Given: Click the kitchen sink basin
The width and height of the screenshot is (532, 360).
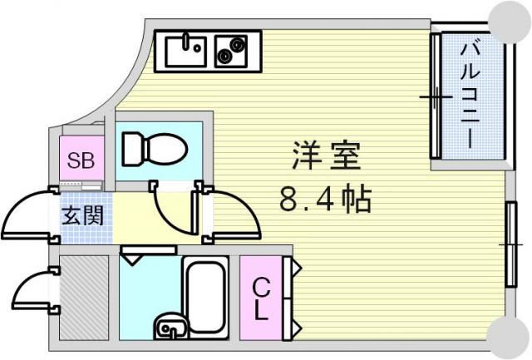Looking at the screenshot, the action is (185, 51).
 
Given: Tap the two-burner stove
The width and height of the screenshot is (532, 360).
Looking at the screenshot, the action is (231, 51).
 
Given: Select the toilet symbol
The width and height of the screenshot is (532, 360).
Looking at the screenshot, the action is (155, 150).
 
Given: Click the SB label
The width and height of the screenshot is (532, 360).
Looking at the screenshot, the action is (81, 160).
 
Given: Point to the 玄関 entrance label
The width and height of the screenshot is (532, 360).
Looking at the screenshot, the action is (83, 215).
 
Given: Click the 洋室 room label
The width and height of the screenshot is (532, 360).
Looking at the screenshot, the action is (326, 155).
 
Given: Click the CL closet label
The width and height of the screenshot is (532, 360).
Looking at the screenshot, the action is (261, 298).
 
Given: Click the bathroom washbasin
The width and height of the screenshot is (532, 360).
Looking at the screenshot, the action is (171, 327).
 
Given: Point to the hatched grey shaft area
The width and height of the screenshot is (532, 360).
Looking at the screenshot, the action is (85, 298).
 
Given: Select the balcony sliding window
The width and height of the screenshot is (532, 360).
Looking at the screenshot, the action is (436, 96).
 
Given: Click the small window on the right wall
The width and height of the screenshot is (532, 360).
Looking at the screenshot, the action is (511, 244).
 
